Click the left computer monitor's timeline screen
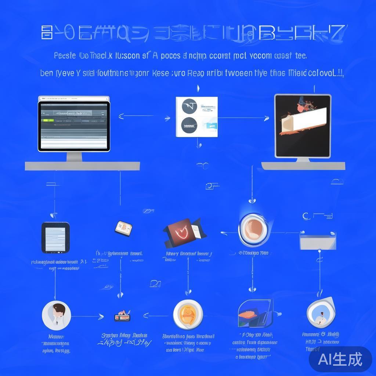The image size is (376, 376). [74, 125]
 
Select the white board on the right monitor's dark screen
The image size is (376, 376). [304, 120]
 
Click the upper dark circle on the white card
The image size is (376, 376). [189, 106]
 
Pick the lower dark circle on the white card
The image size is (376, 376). [189, 125]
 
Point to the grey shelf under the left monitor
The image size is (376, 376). [82, 166]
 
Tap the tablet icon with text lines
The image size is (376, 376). [55, 238]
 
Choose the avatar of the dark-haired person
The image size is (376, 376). [56, 315]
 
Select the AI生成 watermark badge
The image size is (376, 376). [340, 359]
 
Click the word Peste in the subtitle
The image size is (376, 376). [65, 56]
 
